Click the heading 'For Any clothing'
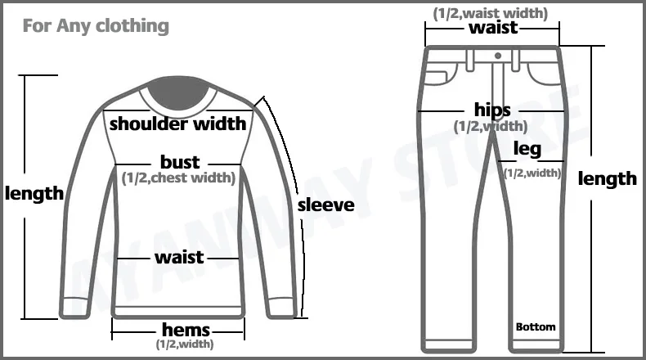pyautogui.click(x=95, y=25)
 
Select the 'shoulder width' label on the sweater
pyautogui.click(x=177, y=124)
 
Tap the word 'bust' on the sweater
pyautogui.click(x=180, y=162)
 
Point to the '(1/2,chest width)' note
pyautogui.click(x=178, y=177)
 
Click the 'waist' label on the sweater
pyautogui.click(x=179, y=257)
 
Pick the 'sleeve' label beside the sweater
pyautogui.click(x=325, y=205)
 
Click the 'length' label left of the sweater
pyautogui.click(x=34, y=194)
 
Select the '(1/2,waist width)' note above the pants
pyautogui.click(x=491, y=12)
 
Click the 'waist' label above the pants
pyautogui.click(x=493, y=27)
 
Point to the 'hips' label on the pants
pyautogui.click(x=492, y=110)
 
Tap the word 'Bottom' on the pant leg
pyautogui.click(x=536, y=327)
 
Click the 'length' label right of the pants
pyautogui.click(x=608, y=178)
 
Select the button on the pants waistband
pyautogui.click(x=497, y=56)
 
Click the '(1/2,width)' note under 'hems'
pyautogui.click(x=185, y=344)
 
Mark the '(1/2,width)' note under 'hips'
pyautogui.click(x=491, y=126)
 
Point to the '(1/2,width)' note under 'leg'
pyautogui.click(x=532, y=173)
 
